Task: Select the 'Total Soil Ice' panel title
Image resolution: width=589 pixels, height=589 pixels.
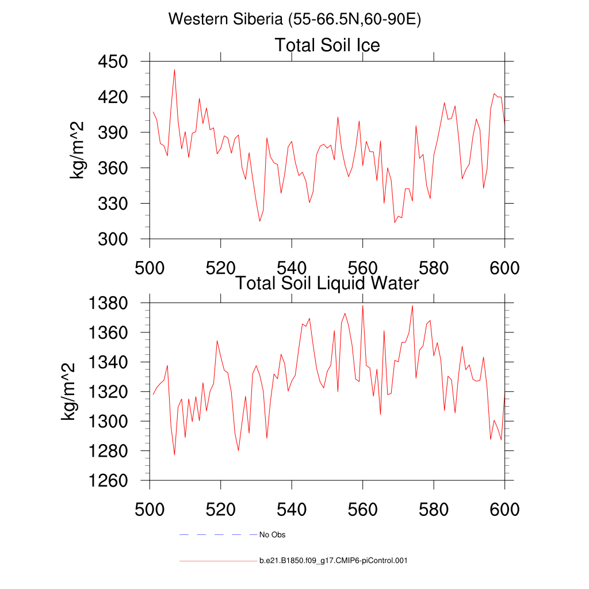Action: click(327, 45)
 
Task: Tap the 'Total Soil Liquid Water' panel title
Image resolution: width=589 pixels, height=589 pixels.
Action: click(327, 283)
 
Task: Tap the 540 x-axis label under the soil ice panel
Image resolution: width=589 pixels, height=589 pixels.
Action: click(292, 268)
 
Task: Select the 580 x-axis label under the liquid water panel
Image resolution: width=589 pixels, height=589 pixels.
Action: click(434, 510)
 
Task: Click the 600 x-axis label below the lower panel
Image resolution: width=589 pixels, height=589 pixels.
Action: click(504, 510)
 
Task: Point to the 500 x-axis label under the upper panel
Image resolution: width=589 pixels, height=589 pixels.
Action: click(150, 268)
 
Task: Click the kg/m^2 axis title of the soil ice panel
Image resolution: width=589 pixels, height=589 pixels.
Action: click(77, 150)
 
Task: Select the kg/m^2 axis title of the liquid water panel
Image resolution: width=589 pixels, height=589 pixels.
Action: click(69, 392)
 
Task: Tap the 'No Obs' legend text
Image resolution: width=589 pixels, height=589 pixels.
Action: click(273, 535)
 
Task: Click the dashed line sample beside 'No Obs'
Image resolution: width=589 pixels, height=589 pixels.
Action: click(218, 535)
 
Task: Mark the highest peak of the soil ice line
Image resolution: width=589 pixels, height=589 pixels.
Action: click(174, 70)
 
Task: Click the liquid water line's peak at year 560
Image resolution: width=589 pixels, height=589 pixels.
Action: click(362, 305)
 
